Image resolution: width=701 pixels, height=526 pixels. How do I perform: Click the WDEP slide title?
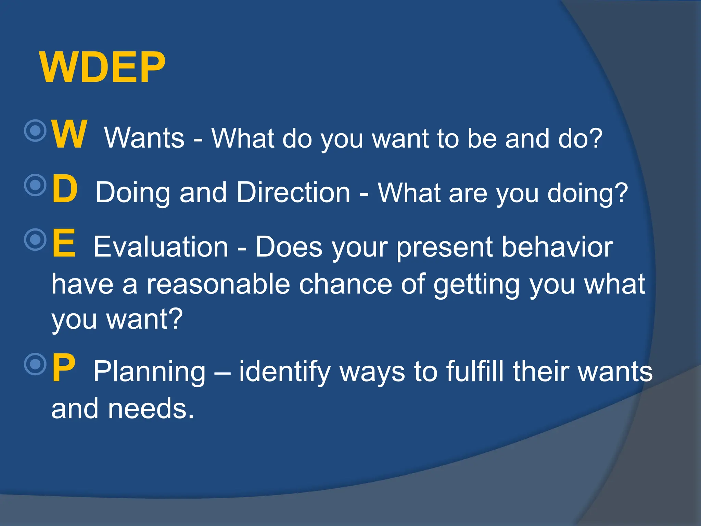click(x=102, y=67)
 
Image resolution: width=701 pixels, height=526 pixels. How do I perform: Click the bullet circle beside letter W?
click(x=35, y=130)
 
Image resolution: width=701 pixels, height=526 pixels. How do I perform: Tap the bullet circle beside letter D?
click(x=35, y=185)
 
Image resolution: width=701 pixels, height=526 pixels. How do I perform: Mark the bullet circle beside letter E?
click(x=35, y=239)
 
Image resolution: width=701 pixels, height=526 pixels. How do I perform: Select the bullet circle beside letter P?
click(x=35, y=364)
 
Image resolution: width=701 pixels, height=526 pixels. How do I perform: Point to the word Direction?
click(x=293, y=192)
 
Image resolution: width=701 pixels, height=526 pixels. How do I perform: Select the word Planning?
click(x=150, y=372)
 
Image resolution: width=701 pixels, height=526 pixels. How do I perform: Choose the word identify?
click(x=285, y=372)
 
